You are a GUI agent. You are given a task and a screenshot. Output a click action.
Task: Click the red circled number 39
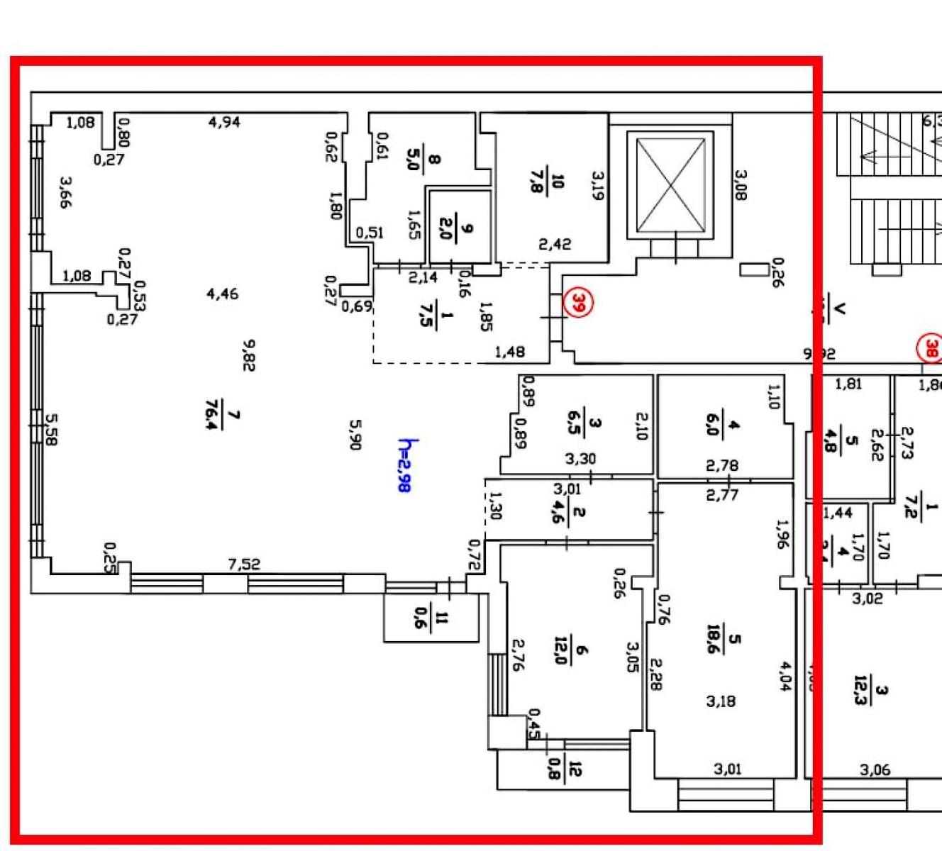pyautogui.click(x=578, y=304)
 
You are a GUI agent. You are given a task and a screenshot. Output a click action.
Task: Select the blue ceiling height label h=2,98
pyautogui.click(x=405, y=465)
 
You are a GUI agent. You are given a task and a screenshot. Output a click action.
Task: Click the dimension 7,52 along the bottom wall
pyautogui.click(x=243, y=565)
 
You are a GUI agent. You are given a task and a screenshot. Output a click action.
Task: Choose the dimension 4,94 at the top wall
pyautogui.click(x=224, y=122)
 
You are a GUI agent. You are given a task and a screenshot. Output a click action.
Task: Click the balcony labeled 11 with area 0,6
pyautogui.click(x=431, y=618)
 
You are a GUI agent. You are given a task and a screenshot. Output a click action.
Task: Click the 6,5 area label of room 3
pyautogui.click(x=575, y=424)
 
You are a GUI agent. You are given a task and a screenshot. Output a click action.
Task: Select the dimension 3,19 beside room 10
pyautogui.click(x=597, y=186)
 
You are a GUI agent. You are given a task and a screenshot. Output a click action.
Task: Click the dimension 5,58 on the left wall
pyautogui.click(x=50, y=430)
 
